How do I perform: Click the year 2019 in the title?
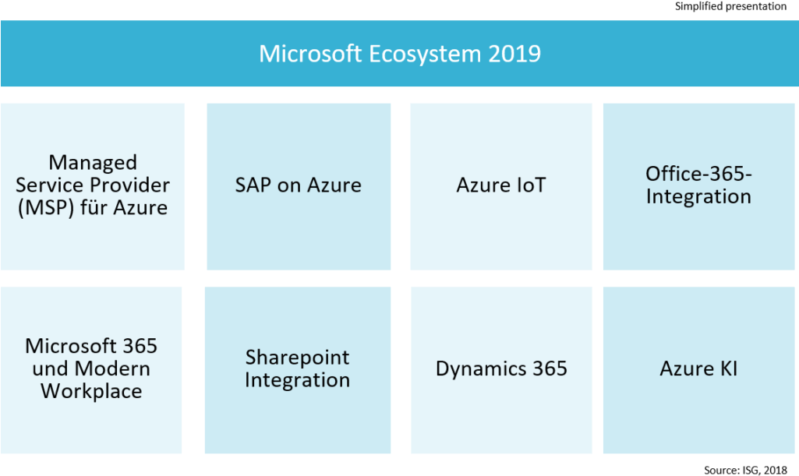pyautogui.click(x=515, y=54)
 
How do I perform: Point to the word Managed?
pyautogui.click(x=93, y=162)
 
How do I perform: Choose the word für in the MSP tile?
pyautogui.click(x=99, y=208)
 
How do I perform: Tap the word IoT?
pyautogui.click(x=529, y=185)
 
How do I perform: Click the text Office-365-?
pyautogui.click(x=698, y=173)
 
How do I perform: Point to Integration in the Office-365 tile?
pyautogui.click(x=698, y=196)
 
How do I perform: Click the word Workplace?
pyautogui.click(x=91, y=391)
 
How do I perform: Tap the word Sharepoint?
pyautogui.click(x=297, y=358)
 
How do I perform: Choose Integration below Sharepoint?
pyautogui.click(x=297, y=381)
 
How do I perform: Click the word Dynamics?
pyautogui.click(x=476, y=368)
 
